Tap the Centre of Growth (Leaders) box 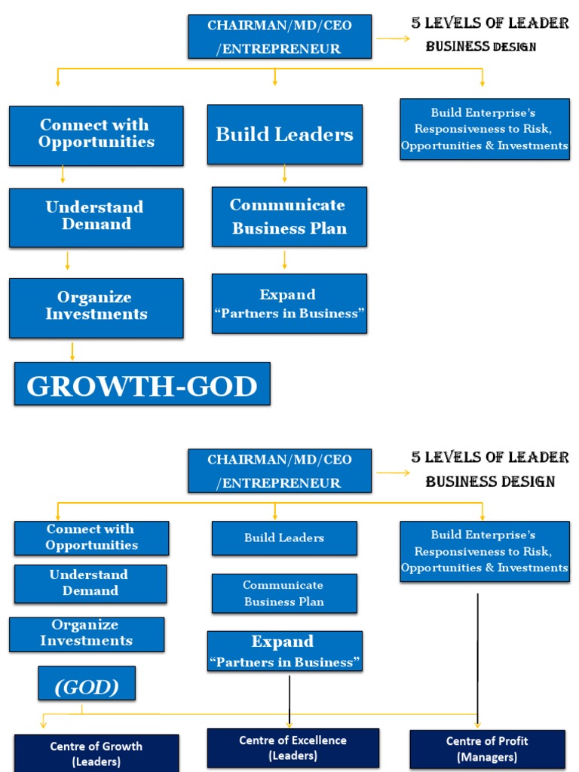point(96,753)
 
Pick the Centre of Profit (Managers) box point(487,749)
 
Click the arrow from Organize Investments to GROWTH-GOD point(72,351)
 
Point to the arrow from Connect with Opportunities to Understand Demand point(63,175)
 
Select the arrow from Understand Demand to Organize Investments point(68,261)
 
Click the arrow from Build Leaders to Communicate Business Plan point(284,174)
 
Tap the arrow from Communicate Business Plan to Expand point(284,260)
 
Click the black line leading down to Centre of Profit point(478,656)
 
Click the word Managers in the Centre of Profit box point(487,757)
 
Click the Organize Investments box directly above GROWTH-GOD point(96,307)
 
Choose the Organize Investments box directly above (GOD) point(86,633)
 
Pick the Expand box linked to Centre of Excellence point(284,651)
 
